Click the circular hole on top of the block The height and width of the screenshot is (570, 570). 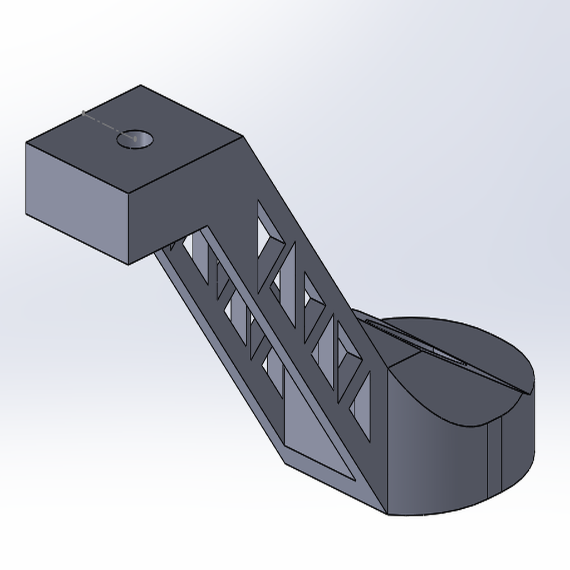tap(135, 139)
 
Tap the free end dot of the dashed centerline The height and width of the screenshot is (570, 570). tap(83, 113)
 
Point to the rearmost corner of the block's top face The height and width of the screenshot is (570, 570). tap(140, 86)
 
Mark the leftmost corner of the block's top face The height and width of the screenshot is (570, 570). tap(27, 143)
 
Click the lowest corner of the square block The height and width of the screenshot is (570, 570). tap(129, 264)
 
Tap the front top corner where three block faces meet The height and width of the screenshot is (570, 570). tap(129, 194)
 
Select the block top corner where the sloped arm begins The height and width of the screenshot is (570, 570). tap(242, 136)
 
